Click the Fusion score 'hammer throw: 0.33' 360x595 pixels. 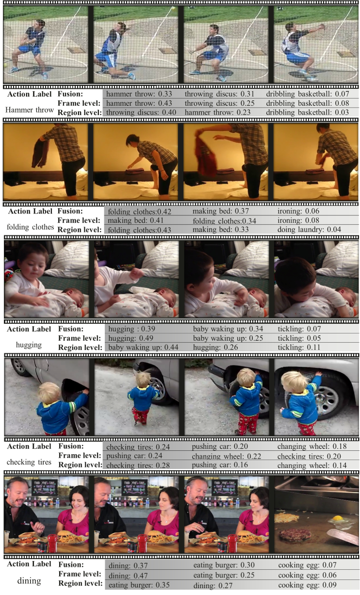139,94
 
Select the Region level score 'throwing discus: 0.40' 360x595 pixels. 141,113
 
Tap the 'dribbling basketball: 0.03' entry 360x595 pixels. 307,113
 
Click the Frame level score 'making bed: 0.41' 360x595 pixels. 135,220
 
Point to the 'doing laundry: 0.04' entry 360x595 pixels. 309,230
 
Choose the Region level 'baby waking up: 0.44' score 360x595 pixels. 143,347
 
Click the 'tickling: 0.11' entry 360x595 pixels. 299,347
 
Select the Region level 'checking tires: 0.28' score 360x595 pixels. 138,465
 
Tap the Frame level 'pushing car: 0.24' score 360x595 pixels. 134,456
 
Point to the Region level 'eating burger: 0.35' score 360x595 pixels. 139,585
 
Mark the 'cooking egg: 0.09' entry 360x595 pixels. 307,585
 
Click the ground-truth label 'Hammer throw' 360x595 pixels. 30,110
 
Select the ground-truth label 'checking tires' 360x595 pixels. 29,462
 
